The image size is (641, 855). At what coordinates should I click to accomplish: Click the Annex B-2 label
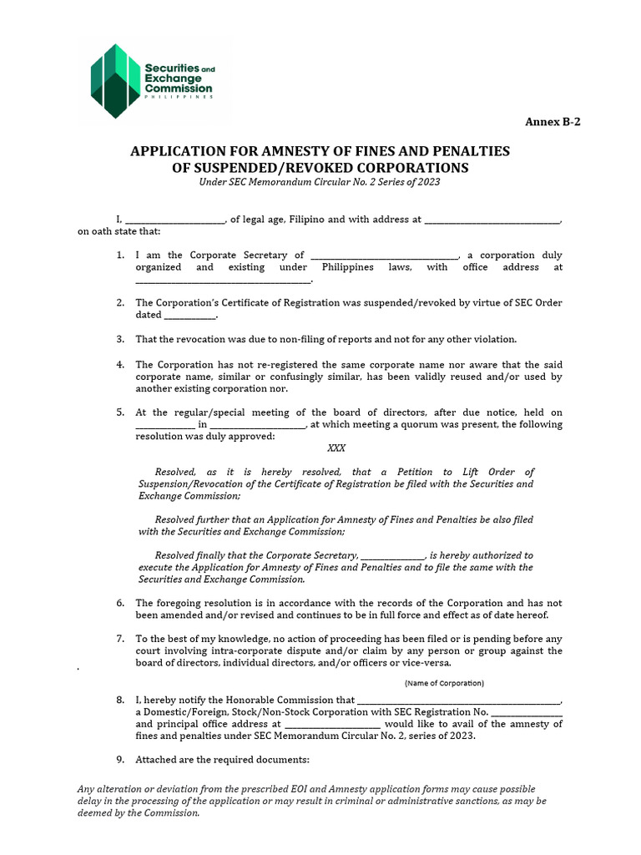point(552,122)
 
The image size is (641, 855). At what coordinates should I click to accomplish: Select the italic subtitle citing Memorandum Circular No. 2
point(320,182)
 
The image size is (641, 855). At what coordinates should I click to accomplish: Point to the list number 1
point(120,255)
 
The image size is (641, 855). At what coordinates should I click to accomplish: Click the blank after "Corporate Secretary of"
point(384,255)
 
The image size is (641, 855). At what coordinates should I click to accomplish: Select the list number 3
point(120,339)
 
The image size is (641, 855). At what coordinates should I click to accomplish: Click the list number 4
point(120,365)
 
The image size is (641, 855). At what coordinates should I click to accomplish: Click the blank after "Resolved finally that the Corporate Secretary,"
point(392,555)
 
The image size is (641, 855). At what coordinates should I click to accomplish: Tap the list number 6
point(120,603)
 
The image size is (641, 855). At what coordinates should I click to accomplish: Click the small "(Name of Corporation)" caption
point(444,683)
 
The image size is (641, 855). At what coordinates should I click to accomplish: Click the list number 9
point(120,760)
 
